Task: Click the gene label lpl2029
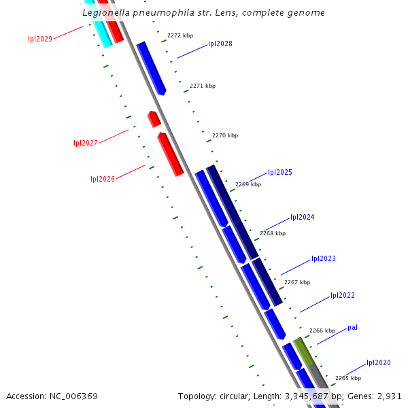click(x=40, y=39)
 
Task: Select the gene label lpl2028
click(x=220, y=44)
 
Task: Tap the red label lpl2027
click(x=86, y=143)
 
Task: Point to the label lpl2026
click(x=103, y=179)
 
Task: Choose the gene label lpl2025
click(x=280, y=172)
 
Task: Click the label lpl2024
click(x=302, y=217)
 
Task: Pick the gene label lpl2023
click(x=324, y=258)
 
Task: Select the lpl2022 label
click(x=343, y=295)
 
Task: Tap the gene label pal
click(x=352, y=327)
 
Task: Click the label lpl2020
click(x=379, y=362)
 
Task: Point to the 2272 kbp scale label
click(x=180, y=35)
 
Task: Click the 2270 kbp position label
click(x=225, y=135)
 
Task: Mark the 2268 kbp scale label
click(x=273, y=233)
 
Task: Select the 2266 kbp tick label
click(x=322, y=330)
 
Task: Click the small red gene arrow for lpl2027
click(x=154, y=119)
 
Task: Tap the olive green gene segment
click(x=304, y=350)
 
